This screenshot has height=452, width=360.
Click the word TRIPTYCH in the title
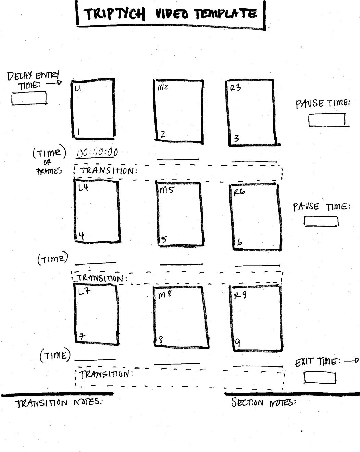(114, 14)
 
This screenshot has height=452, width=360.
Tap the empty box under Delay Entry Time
(29, 99)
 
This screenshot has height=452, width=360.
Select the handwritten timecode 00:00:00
(97, 153)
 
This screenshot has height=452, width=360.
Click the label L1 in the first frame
(78, 89)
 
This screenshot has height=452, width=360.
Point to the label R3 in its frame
(235, 88)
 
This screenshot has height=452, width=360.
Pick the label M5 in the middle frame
(166, 190)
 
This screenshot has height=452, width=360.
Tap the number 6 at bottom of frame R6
(239, 242)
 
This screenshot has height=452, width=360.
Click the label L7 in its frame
(84, 292)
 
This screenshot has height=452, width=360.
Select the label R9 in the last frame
(240, 295)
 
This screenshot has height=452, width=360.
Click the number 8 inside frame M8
(160, 340)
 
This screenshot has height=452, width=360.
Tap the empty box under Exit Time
(320, 377)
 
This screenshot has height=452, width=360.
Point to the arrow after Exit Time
(351, 360)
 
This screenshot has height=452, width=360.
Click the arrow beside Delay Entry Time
(54, 82)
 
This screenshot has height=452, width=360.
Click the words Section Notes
(263, 402)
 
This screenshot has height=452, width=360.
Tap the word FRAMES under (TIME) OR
(50, 171)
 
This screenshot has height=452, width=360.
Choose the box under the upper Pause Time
(327, 120)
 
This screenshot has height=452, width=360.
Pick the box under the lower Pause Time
(321, 221)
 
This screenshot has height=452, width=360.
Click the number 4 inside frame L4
(82, 235)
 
